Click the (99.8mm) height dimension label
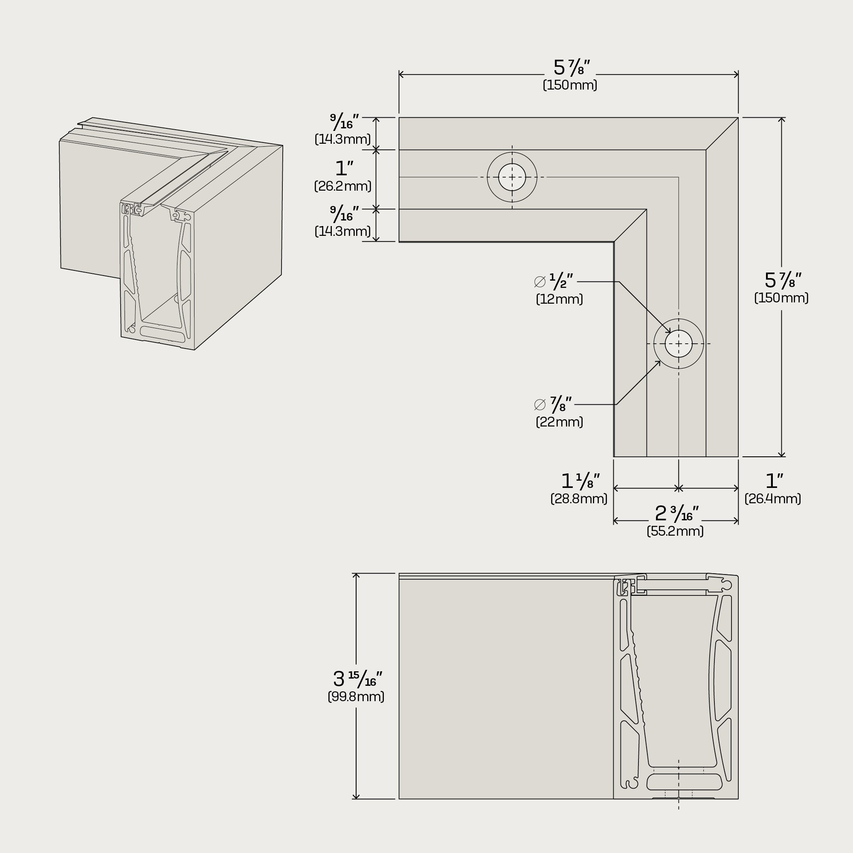(356, 697)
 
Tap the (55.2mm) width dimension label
(675, 531)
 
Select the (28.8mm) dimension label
(579, 499)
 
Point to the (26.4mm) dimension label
(773, 499)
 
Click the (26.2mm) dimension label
(342, 186)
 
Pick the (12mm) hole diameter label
(560, 299)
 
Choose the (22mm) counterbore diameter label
(560, 422)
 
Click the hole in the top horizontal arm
(512, 177)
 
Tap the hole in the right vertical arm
(679, 343)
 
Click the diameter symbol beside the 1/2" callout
(540, 281)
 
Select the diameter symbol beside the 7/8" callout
(540, 404)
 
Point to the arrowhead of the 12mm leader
(670, 333)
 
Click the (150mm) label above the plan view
(570, 85)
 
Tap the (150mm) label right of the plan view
(781, 298)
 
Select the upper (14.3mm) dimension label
(342, 139)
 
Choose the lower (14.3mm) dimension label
(342, 231)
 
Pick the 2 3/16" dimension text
(676, 514)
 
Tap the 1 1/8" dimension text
(580, 481)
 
